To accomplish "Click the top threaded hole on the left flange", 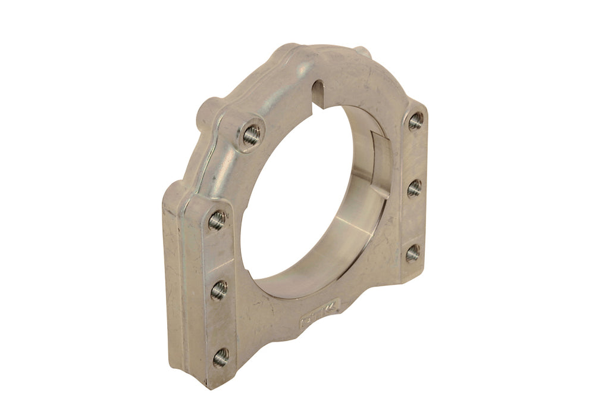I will [x=217, y=221].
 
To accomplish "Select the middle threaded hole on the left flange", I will [x=219, y=291].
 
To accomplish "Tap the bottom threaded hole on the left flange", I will [x=221, y=357].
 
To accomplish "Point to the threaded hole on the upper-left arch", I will [x=252, y=135].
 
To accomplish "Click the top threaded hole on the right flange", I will [x=416, y=121].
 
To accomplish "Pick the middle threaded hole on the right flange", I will [x=415, y=188].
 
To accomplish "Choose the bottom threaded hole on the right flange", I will [x=413, y=253].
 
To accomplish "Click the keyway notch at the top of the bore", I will [x=320, y=91].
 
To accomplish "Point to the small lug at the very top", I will [x=364, y=53].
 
